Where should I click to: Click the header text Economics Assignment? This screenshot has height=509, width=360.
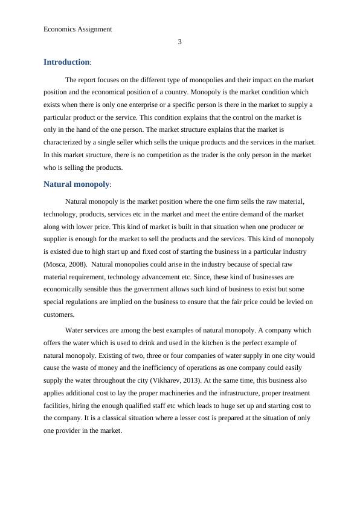pos(78,28)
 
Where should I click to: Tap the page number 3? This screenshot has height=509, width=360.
pos(180,42)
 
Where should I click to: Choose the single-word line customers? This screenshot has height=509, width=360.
pos(58,314)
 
